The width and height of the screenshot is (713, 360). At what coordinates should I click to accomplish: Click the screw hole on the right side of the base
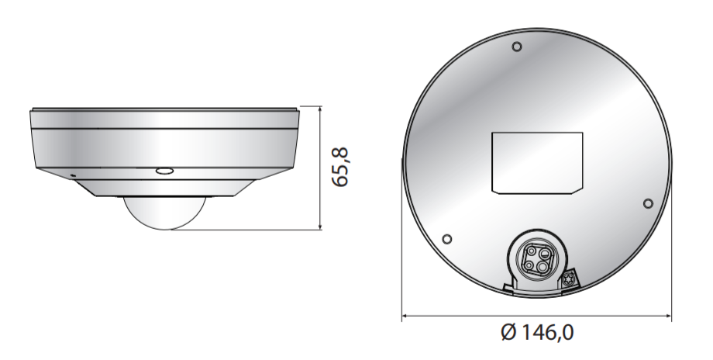coord(649,203)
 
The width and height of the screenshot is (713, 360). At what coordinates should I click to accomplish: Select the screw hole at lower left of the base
coord(446,239)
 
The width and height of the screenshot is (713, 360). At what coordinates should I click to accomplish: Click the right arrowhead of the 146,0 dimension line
coord(669,316)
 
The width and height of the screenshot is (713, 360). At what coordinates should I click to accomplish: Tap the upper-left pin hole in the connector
coord(532,253)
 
